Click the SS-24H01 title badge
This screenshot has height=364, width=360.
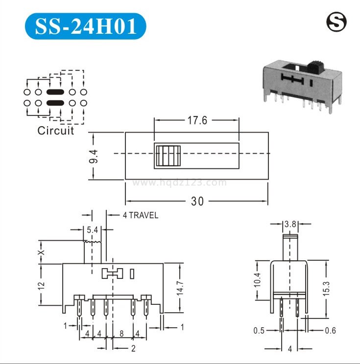point(85,26)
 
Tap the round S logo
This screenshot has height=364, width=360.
point(336,23)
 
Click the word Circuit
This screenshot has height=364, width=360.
point(56,131)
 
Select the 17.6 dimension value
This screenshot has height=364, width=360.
point(197,120)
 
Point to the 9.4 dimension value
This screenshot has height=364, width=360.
point(94,156)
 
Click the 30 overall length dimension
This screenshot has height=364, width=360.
point(197,201)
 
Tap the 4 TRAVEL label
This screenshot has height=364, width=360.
point(141,215)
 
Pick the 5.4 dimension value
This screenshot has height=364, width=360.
point(93,230)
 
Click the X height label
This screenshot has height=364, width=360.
point(41,252)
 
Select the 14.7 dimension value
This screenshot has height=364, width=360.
point(180,288)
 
